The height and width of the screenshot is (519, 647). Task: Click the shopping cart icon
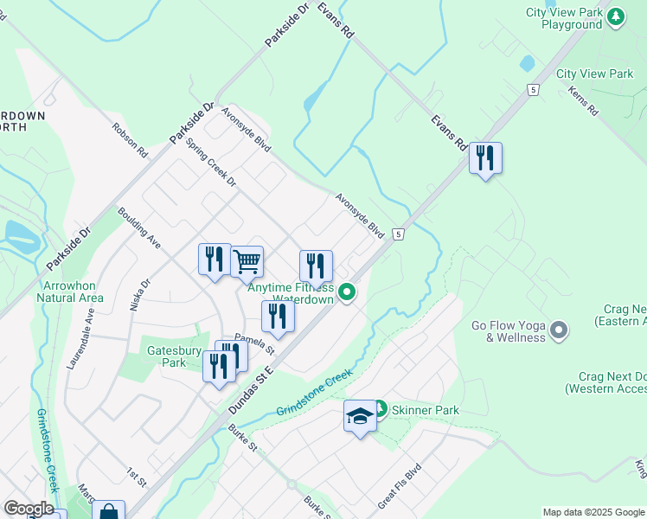247,260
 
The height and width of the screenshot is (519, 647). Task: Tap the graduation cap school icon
360,416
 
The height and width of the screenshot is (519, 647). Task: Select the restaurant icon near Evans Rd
485,158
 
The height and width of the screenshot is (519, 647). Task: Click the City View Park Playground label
566,18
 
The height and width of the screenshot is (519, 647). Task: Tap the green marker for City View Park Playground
616,16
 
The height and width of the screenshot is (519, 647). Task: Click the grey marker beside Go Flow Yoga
559,329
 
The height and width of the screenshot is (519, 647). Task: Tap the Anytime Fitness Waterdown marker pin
347,292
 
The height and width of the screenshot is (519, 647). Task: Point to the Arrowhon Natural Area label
70,292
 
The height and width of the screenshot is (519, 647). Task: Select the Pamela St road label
253,344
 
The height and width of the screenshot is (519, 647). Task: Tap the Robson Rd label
130,138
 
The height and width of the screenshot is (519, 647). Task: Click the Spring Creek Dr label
211,159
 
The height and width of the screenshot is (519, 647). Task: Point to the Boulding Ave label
139,227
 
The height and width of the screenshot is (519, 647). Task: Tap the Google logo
29,509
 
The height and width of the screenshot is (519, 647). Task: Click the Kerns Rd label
583,100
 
